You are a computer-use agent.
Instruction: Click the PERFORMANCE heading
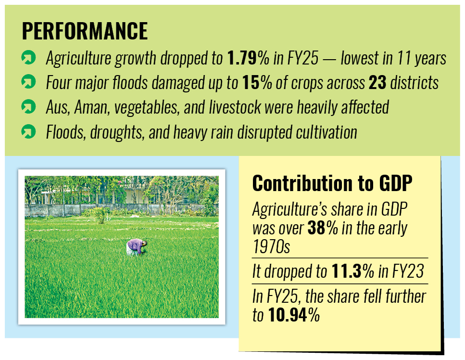pos(85,31)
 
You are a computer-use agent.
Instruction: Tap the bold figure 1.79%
pos(248,59)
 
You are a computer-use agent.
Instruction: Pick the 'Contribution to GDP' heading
pos(333,183)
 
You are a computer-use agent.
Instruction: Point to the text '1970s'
pos(271,246)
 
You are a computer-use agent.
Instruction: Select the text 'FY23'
pos(407,272)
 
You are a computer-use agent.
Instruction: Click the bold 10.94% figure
pos(293,315)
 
